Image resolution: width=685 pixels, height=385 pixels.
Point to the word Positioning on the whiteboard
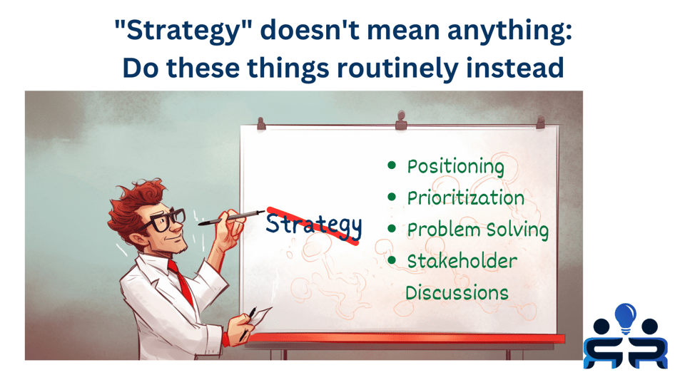pos(455,167)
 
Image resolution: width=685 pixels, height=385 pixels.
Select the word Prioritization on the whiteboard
pos(465,198)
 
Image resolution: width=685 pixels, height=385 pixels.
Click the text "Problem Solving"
pos(477,230)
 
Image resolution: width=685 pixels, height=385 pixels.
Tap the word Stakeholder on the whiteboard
pos(462,261)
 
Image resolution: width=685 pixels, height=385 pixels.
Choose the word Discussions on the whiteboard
pos(457,293)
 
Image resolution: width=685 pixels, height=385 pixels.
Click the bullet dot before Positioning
pos(391,165)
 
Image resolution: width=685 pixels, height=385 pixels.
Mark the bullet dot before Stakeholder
pos(391,260)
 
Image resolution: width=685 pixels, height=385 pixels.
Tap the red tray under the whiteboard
pos(400,339)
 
